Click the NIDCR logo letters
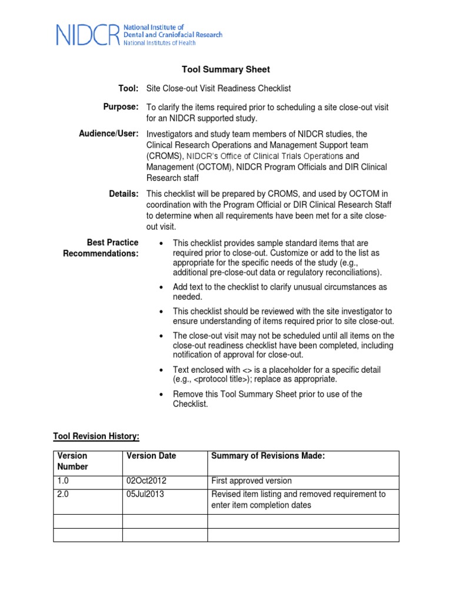point(88,35)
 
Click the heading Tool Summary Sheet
point(225,69)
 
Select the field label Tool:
point(128,88)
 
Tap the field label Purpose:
point(121,107)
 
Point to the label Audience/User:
point(109,134)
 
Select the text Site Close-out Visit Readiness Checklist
point(218,88)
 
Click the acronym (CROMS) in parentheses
point(164,156)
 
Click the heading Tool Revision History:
point(97,436)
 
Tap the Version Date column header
point(151,456)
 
